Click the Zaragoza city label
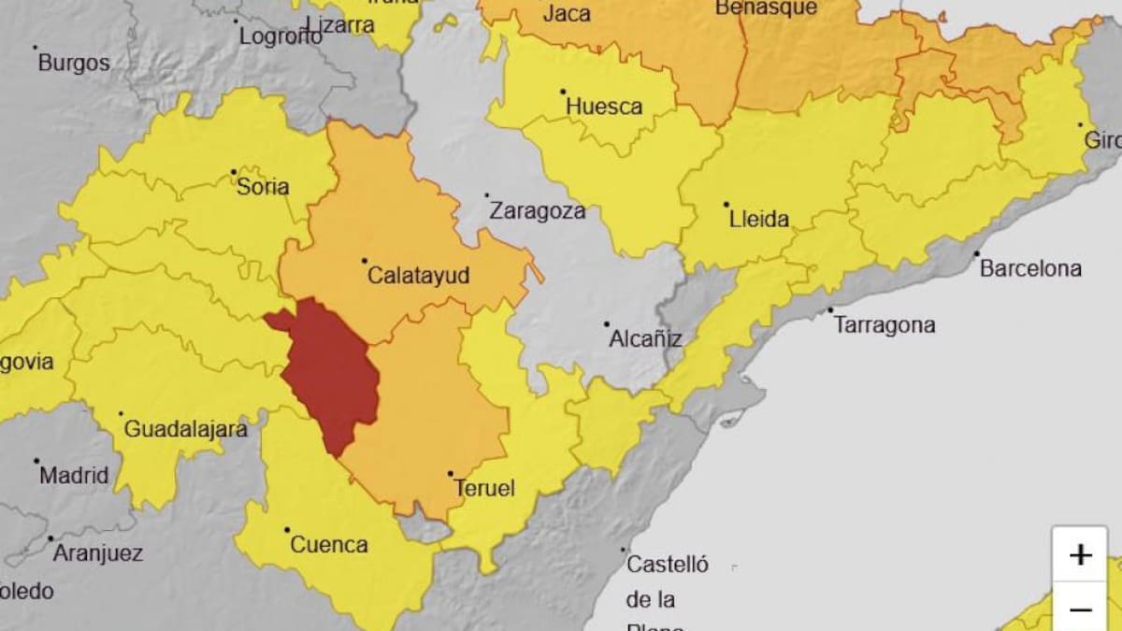538,210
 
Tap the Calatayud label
418,276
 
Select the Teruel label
483,488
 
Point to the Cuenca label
329,544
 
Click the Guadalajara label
185,429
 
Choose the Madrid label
73,475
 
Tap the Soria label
263,186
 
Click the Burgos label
73,64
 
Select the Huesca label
604,107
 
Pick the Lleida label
758,220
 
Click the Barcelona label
1030,268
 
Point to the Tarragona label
884,325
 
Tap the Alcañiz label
645,338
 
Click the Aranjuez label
97,552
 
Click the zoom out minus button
1081,609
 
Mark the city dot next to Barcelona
976,253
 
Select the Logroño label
280,36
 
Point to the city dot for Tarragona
829,310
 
